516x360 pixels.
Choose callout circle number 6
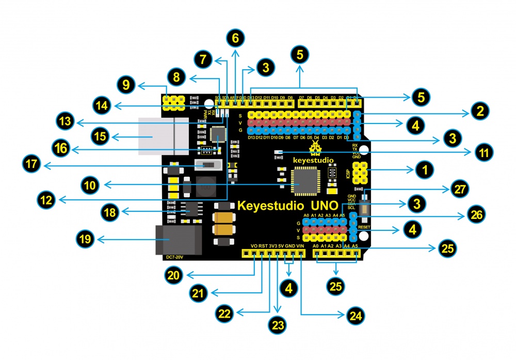pos(235,38)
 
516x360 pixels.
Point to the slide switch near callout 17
pos(208,165)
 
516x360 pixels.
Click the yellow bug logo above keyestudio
pos(315,149)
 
